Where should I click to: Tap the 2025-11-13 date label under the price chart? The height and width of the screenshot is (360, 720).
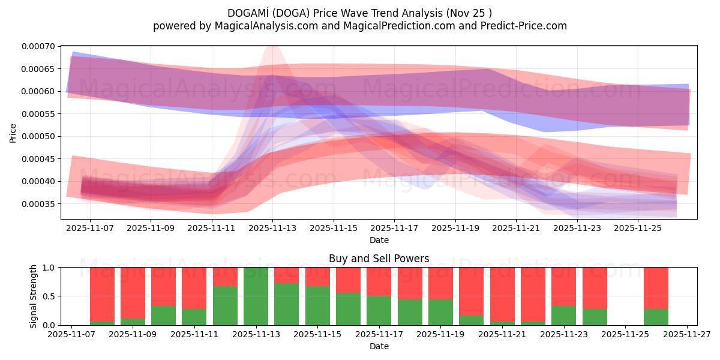[272, 228]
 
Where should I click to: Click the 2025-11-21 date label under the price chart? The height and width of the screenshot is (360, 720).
[516, 228]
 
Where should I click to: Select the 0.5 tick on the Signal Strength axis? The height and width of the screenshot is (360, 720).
[50, 296]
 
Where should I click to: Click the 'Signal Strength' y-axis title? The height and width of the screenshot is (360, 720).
[34, 296]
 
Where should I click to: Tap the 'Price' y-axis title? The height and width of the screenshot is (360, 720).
[13, 132]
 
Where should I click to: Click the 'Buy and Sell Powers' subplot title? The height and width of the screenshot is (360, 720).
[379, 259]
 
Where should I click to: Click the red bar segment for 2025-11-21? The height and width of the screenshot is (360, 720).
[502, 294]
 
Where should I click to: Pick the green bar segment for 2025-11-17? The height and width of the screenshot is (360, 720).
[379, 310]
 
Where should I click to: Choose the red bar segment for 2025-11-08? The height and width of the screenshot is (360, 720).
[103, 294]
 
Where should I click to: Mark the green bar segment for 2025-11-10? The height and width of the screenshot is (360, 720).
[164, 316]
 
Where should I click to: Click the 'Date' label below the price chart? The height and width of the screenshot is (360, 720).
[379, 240]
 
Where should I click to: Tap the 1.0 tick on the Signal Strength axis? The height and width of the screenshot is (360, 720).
[50, 268]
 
